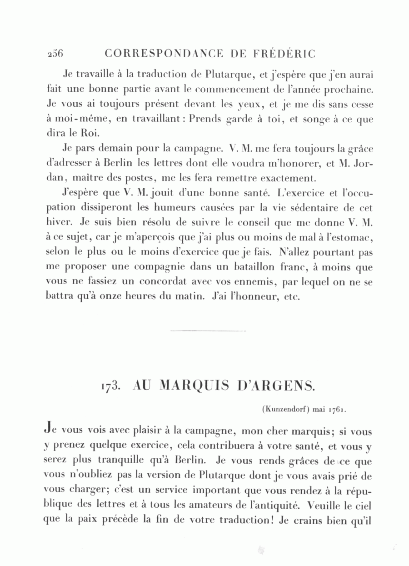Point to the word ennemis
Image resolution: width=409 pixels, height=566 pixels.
[249, 282]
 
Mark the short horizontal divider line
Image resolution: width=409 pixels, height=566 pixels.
[208, 331]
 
